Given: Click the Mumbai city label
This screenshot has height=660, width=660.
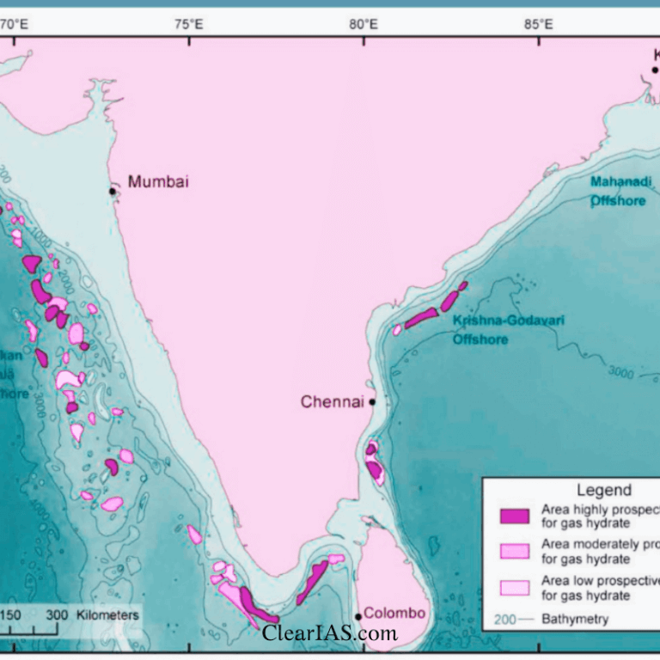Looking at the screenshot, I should click(x=158, y=181).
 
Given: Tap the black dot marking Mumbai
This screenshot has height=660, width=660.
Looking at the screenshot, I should click(x=113, y=190).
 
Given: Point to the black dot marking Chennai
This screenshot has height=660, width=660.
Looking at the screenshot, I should click(x=372, y=401).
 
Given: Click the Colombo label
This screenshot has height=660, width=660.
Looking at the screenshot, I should click(x=394, y=613).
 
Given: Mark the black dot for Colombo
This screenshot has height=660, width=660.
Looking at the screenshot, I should click(x=358, y=617).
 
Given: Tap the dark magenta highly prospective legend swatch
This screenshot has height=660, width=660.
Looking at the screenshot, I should click(x=515, y=516).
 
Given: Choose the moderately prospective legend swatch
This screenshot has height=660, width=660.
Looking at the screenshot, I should click(x=515, y=551).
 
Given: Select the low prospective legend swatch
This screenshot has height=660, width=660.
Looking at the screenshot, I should click(x=515, y=588).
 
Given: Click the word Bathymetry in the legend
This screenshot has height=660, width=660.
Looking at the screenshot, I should click(x=575, y=619).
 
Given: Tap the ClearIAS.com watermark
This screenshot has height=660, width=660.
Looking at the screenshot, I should click(x=330, y=633).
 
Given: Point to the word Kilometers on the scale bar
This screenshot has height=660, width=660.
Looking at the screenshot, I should click(x=107, y=615).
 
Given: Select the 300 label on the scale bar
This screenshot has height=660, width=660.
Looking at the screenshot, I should click(x=57, y=615).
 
